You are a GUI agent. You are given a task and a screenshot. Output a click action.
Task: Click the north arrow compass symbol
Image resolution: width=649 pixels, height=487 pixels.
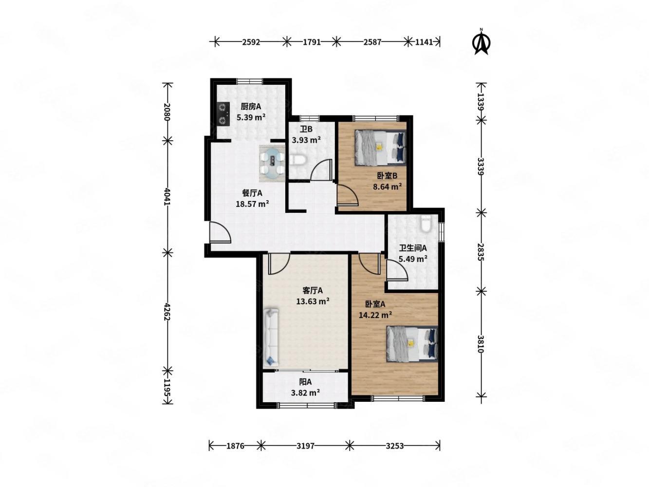pos(481,42)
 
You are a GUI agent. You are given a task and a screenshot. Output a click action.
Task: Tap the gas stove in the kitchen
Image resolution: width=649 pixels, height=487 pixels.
pos(223,113)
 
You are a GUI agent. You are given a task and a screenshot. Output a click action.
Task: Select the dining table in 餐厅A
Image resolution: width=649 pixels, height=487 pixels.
pos(272,163)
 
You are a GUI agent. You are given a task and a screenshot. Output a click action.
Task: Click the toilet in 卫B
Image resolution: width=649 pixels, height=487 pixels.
pos(298,160)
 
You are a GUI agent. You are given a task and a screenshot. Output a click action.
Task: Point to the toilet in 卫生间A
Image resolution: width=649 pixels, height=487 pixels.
pos(425,224)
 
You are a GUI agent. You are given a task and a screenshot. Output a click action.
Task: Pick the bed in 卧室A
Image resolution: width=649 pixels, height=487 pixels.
pos(411,344)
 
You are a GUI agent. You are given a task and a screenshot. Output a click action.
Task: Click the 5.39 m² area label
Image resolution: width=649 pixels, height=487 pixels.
pos(251,117)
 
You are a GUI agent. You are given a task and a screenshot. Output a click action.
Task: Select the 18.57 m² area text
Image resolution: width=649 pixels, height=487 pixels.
pos(252,204)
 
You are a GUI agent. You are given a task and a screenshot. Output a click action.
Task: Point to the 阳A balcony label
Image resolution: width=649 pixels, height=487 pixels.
pos(305,382)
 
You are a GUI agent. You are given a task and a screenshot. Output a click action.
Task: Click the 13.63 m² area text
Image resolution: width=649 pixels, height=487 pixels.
pos(313,301)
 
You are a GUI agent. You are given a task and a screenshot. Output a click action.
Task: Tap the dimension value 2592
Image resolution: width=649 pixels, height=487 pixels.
pos(251,42)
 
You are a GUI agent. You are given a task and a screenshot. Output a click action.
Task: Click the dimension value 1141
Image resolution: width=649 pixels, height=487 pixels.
pos(424,42)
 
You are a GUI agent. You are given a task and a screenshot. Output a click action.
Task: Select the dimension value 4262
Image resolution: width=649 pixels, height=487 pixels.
pos(167,312)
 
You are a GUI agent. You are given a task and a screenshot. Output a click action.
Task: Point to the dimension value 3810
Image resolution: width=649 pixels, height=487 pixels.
pos(481,344)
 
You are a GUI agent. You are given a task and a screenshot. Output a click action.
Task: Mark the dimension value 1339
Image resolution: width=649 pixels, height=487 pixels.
pos(481,101)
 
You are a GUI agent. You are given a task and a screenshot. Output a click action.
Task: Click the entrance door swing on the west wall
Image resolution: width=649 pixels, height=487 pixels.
pos(220,232)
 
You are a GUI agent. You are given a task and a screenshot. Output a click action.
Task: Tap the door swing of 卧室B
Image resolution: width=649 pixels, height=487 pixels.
pos(347,195)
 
